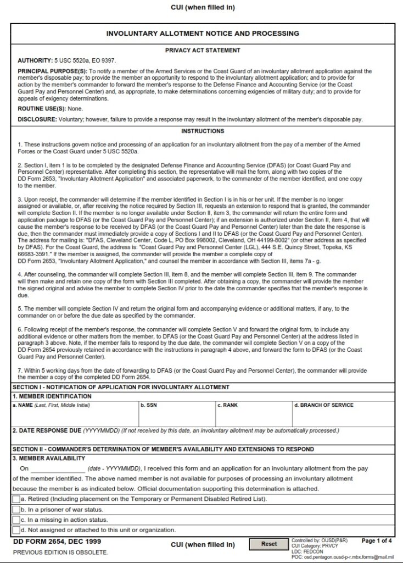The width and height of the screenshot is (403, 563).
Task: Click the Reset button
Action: click(269, 544)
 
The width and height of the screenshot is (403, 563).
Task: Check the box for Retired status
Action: click(16, 499)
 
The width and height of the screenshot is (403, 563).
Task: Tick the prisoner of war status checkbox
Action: click(16, 510)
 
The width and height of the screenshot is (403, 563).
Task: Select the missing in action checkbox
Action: click(16, 520)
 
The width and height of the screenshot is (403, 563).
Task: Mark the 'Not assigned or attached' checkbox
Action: click(16, 531)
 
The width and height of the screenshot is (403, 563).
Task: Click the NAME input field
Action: click(75, 418)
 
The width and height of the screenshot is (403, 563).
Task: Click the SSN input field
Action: click(176, 418)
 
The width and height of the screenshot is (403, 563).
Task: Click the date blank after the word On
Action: click(58, 469)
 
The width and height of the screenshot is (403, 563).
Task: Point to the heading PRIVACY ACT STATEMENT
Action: click(203, 51)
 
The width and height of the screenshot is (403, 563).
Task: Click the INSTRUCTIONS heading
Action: click(203, 131)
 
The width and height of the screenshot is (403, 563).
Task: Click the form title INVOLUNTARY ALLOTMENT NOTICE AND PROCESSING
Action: click(203, 34)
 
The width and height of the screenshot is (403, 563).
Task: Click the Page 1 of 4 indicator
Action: click(377, 541)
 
